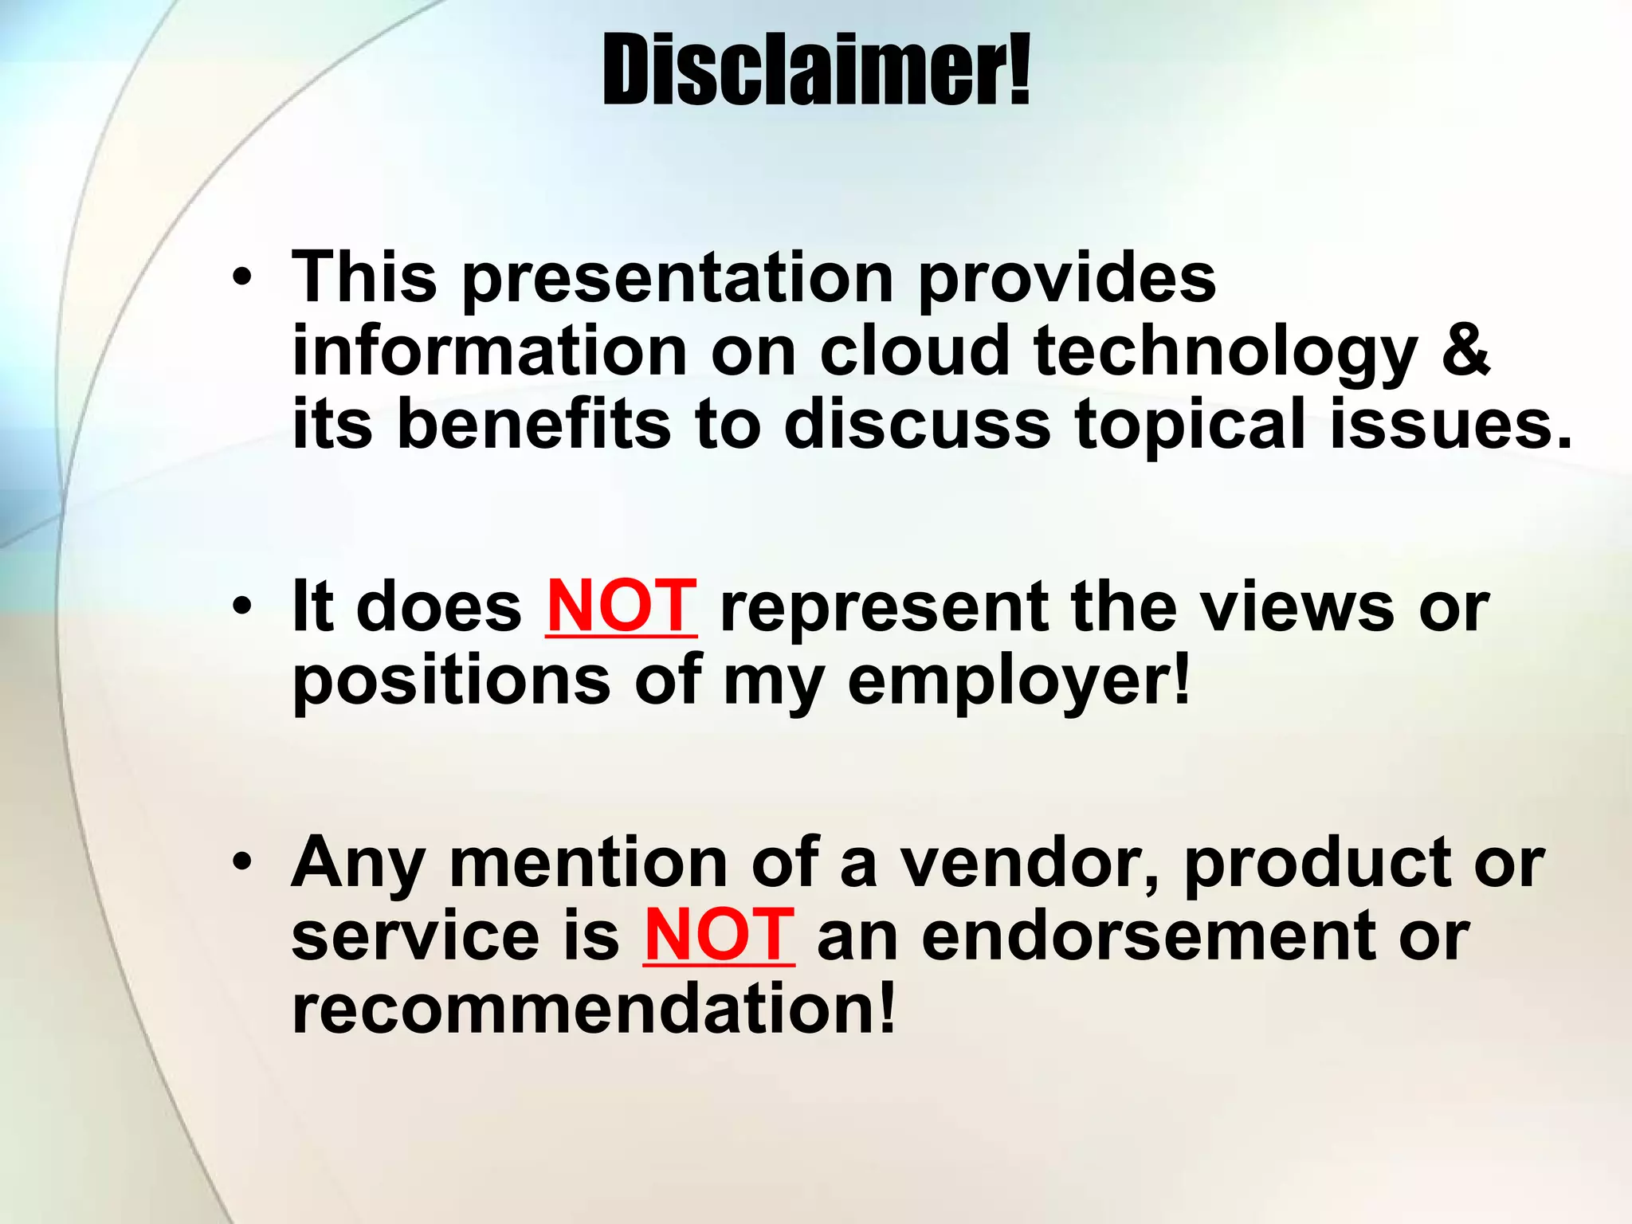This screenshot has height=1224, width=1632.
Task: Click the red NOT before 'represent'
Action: point(621,607)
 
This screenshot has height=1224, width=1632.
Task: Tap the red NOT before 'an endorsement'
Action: point(719,936)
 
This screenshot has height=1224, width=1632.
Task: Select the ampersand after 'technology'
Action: point(1465,351)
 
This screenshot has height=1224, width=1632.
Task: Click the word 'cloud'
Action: point(914,351)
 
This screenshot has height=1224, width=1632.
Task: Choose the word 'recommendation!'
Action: point(594,1009)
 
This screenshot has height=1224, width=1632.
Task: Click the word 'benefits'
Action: point(533,424)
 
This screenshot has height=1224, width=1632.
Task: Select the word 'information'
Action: point(489,351)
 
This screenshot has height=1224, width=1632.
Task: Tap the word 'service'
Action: point(415,936)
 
